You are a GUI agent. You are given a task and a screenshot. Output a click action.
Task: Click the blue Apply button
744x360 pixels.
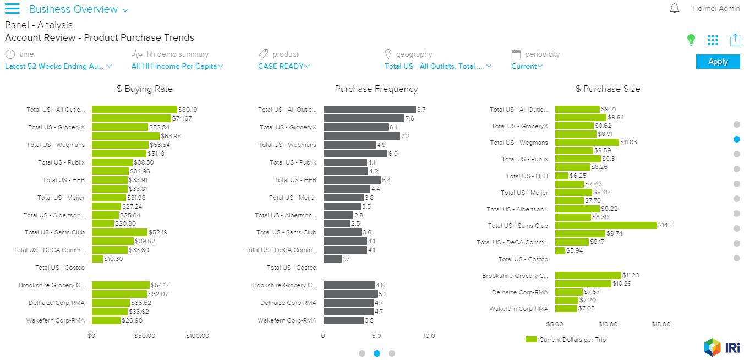[x=718, y=62]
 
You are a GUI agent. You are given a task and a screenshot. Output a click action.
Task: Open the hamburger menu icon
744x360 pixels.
[x=12, y=9]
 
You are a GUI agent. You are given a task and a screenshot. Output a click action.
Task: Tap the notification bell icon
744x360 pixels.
[x=674, y=9]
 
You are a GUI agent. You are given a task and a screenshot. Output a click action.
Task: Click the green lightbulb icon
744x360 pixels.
[x=691, y=40]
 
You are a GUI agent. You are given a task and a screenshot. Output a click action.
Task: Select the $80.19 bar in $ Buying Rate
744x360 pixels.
[x=134, y=110]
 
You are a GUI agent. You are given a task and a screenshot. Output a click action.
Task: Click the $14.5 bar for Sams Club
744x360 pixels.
[x=606, y=225]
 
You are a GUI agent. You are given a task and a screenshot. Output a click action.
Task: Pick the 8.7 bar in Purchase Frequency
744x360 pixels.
[x=369, y=110]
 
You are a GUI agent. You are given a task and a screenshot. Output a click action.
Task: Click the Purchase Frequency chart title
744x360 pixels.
[x=376, y=89]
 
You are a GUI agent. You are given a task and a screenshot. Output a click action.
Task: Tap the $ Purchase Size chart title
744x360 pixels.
[x=608, y=89]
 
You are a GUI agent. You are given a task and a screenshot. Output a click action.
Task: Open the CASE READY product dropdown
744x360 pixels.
[x=284, y=66]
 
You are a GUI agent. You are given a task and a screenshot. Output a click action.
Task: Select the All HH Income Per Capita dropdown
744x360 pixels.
[x=177, y=66]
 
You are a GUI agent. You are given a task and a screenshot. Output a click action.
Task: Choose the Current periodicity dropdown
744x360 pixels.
[x=527, y=66]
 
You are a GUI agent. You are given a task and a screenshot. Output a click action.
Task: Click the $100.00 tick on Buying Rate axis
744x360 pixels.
[x=198, y=336]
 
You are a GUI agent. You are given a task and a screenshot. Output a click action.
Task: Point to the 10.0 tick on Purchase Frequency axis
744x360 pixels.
[x=429, y=336]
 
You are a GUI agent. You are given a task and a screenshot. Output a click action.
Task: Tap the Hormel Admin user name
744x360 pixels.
[x=716, y=9]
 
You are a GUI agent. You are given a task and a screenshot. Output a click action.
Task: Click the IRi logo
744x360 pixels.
[x=721, y=347]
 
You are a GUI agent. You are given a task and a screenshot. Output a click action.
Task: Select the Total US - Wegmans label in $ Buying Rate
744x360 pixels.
[x=56, y=145]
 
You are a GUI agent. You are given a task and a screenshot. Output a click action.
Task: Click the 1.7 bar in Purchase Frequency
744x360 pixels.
[x=332, y=259]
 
